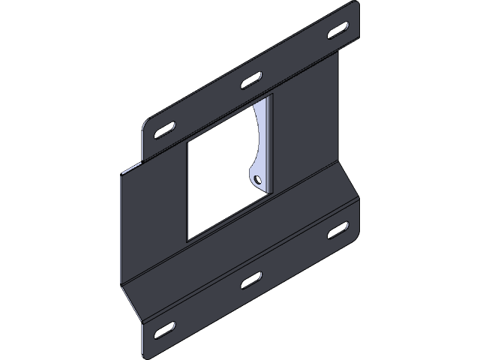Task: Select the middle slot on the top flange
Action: [250, 80]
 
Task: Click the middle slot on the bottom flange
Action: [250, 280]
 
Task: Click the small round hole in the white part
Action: [256, 180]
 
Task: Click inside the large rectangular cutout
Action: [217, 180]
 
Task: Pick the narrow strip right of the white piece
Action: [271, 142]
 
